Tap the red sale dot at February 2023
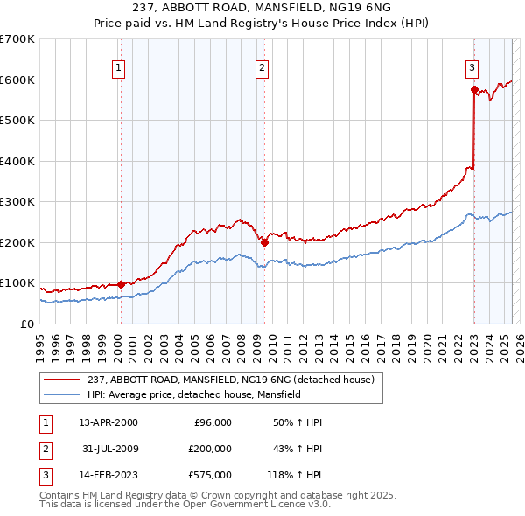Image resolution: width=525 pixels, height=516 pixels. [473, 89]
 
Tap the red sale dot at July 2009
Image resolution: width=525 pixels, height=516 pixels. [264, 242]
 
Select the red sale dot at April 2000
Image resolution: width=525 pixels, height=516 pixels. [121, 284]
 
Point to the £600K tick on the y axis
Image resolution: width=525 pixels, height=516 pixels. [17, 80]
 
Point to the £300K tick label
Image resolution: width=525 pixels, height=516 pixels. [17, 202]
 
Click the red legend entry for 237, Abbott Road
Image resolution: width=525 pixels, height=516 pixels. [231, 380]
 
